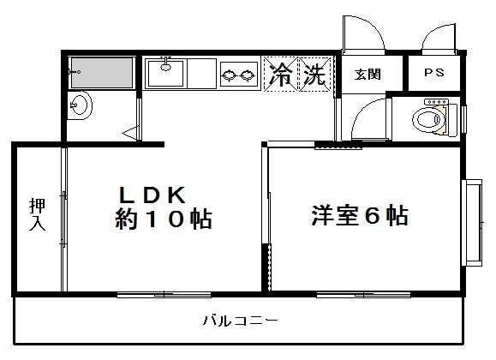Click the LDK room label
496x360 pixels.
point(152,195)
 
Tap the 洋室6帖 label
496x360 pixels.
point(360,215)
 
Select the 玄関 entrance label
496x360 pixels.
point(368,75)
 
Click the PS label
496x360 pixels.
point(434,73)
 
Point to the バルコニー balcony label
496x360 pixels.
point(241,321)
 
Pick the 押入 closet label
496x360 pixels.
point(38,214)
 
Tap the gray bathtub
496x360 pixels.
point(102,73)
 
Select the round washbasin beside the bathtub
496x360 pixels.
point(80,105)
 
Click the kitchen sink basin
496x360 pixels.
point(165,74)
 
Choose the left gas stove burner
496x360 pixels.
point(229,75)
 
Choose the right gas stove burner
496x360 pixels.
point(248,75)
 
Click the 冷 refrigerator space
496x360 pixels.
point(281,74)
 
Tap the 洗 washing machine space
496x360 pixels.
point(315,74)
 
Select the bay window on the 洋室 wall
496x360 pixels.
point(473,223)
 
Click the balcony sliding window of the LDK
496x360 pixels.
point(164,295)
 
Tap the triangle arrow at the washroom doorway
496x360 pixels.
point(130,133)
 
